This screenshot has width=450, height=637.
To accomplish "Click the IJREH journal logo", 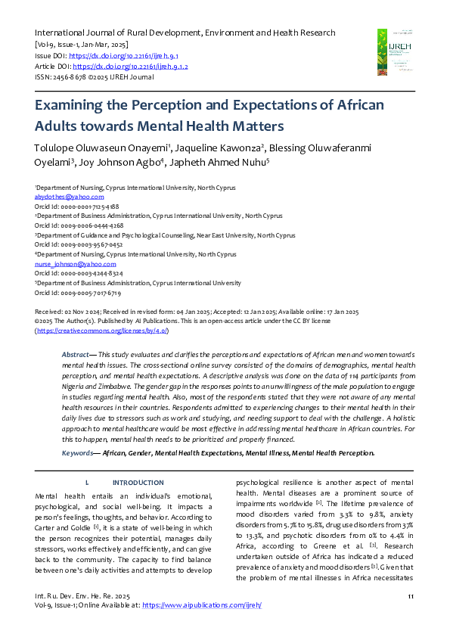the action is (x=396, y=54).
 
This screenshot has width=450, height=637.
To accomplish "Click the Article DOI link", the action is (x=130, y=67).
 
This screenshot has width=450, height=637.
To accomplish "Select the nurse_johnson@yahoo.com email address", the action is (x=64, y=264).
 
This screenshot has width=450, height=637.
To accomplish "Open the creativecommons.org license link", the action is (x=102, y=331).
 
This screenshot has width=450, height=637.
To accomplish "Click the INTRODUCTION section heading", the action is (x=138, y=482).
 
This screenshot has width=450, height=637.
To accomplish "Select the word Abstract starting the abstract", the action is (x=76, y=354).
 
